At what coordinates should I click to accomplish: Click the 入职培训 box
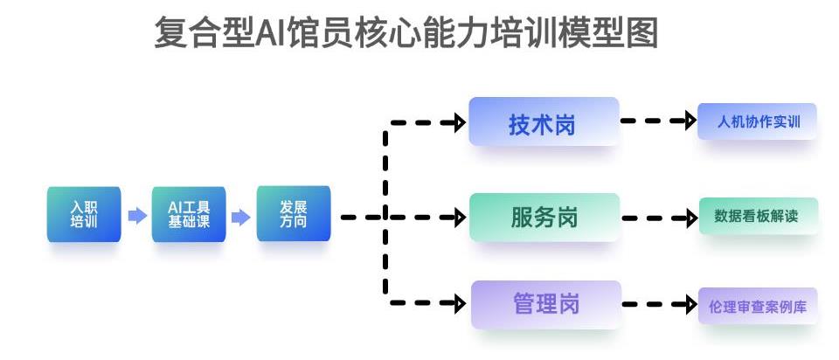click(84, 214)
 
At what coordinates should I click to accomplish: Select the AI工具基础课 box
click(189, 214)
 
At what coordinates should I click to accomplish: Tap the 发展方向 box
click(294, 213)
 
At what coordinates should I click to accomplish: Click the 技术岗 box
click(543, 122)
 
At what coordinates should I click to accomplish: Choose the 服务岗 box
click(544, 217)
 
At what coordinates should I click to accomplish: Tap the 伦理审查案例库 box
click(758, 306)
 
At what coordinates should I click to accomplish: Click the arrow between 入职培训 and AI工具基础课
click(137, 216)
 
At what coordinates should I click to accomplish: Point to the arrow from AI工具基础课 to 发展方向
click(240, 216)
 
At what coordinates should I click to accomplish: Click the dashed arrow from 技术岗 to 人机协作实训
click(658, 121)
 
